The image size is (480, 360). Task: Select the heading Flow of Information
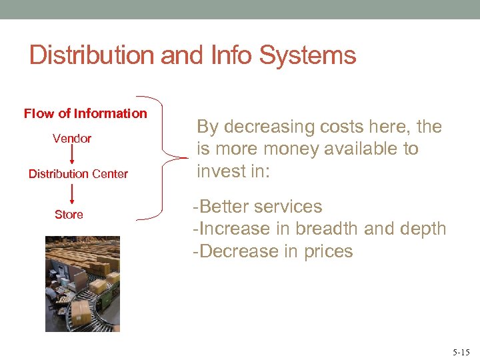tap(85, 113)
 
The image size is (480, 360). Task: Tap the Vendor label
tap(72, 139)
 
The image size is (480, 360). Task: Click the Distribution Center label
tap(78, 174)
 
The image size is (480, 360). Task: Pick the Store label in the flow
tap(69, 215)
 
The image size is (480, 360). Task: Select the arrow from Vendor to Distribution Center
tap(72, 156)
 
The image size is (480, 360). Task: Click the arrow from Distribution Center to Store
tap(72, 194)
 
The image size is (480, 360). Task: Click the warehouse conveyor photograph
tap(83, 284)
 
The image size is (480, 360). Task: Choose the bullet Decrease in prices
tap(273, 251)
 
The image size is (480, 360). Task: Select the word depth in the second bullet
tap(419, 229)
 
